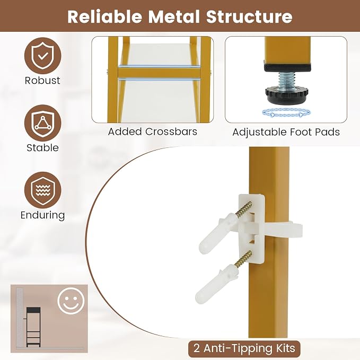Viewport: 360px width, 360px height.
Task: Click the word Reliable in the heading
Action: click(x=104, y=16)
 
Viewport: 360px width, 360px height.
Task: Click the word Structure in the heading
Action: click(x=249, y=16)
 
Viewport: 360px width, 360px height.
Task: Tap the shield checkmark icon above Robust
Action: click(x=43, y=56)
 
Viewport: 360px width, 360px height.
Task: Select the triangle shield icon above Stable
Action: click(x=43, y=124)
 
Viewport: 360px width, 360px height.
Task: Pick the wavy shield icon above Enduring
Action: click(x=43, y=190)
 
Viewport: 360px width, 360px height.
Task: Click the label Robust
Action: click(x=42, y=81)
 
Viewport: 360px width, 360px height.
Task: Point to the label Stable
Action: click(x=43, y=147)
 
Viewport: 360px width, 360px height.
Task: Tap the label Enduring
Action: click(x=43, y=215)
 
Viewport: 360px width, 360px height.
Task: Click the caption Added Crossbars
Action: click(x=153, y=132)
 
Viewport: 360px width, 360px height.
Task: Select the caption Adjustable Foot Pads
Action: click(x=286, y=132)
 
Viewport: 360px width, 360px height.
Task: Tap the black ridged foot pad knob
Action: click(x=286, y=95)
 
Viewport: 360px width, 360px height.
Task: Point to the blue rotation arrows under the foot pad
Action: click(x=286, y=113)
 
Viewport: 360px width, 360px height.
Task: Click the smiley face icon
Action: click(x=71, y=301)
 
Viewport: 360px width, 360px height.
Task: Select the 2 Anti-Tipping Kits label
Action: click(x=244, y=348)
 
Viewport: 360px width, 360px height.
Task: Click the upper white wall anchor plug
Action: click(x=217, y=233)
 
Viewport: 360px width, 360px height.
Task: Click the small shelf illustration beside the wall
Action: click(x=33, y=327)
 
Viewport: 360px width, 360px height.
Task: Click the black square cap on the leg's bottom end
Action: click(x=287, y=67)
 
